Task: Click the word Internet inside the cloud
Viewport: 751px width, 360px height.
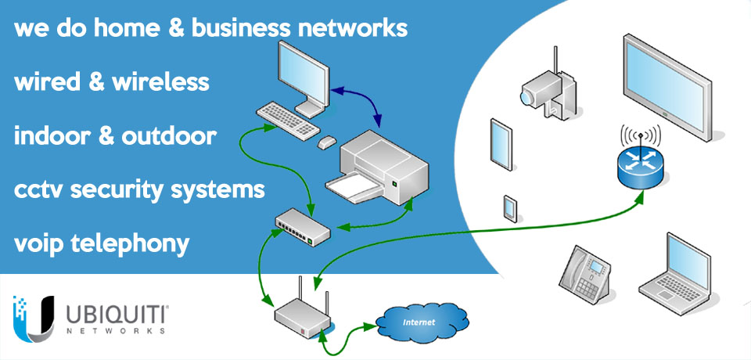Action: [x=419, y=321]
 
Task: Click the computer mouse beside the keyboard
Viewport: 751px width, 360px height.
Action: [x=326, y=142]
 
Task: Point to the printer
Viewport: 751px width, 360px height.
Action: [x=383, y=164]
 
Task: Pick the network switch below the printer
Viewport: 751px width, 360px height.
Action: [x=303, y=225]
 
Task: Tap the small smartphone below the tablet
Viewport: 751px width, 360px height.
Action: [x=509, y=206]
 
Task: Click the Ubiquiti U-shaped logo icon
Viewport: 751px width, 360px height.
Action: [x=34, y=318]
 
